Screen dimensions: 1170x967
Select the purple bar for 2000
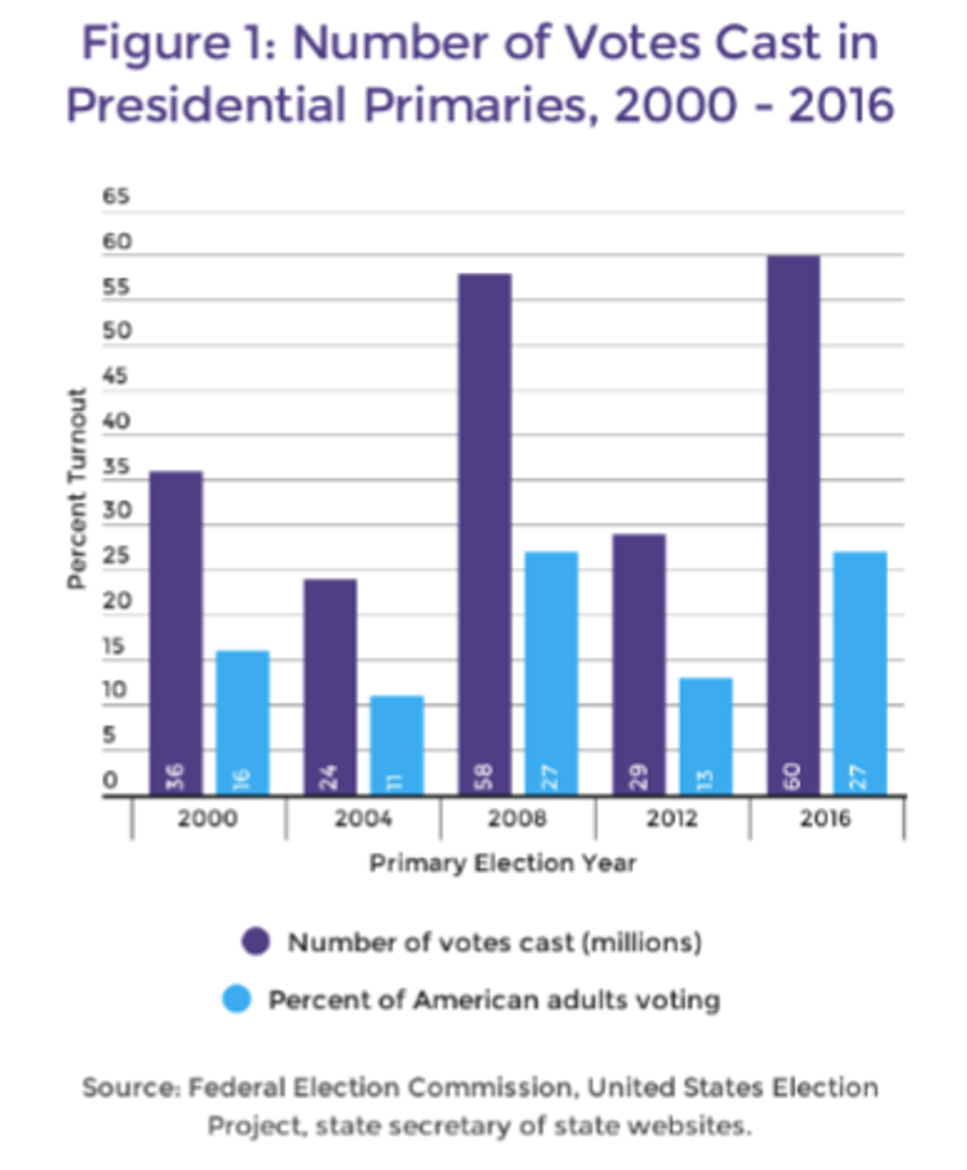(177, 632)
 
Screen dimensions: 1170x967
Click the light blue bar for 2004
(397, 745)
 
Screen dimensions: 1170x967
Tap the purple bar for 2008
(484, 533)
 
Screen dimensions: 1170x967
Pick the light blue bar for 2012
(705, 736)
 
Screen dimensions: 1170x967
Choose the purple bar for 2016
(792, 523)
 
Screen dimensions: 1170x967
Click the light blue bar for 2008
(551, 671)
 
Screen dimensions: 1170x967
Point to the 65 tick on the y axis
(116, 197)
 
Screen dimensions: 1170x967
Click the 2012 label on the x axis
(672, 819)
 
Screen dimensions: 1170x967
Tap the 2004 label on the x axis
(363, 819)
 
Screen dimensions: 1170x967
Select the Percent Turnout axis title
(77, 489)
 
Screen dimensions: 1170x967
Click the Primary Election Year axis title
(502, 863)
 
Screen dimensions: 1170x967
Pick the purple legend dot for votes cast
(256, 942)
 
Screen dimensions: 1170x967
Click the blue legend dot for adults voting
(237, 1000)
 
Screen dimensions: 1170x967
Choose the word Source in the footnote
(130, 1088)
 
